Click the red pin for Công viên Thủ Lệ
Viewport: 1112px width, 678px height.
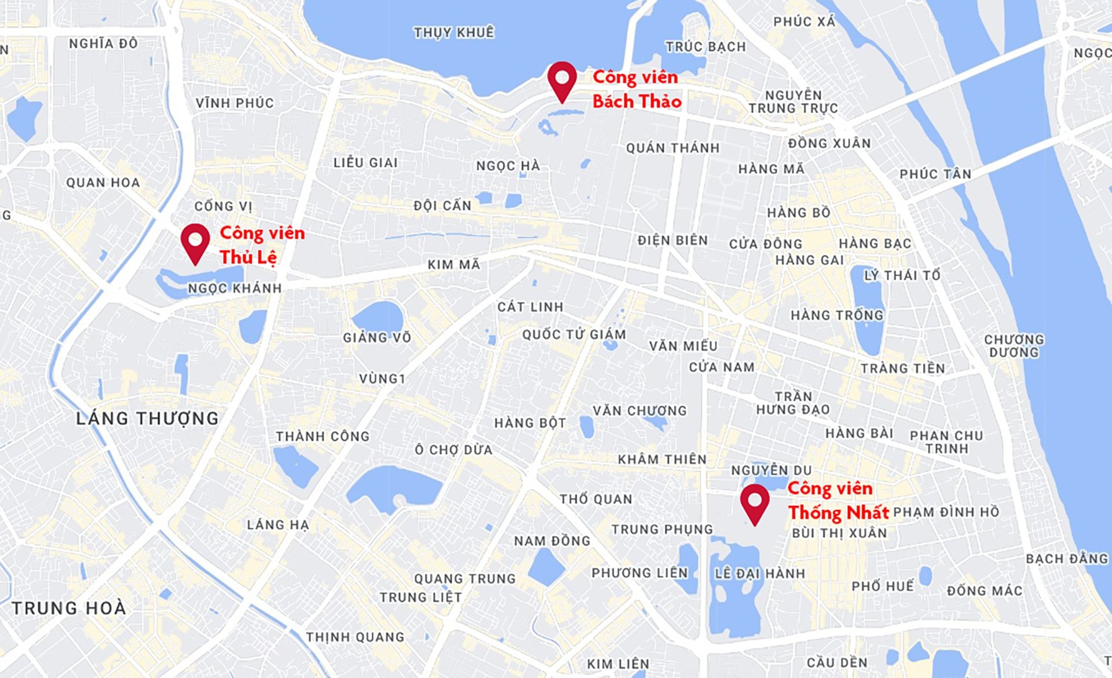pos(195,241)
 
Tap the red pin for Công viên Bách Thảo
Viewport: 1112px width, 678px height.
pos(562,79)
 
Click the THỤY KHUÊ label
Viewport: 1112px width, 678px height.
pos(454,32)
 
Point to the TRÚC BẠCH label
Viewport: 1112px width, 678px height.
pos(705,46)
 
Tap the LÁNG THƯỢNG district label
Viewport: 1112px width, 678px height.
pos(147,418)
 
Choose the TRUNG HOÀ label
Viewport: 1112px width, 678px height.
pos(69,608)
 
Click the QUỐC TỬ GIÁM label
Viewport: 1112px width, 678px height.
pos(574,334)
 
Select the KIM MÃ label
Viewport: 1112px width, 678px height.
pos(454,265)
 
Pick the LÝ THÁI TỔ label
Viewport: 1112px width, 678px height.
pos(902,275)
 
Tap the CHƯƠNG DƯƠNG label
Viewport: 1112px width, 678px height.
pos(1014,346)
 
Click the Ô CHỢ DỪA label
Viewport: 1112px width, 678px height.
pos(453,450)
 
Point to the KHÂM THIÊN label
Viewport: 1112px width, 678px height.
pos(662,460)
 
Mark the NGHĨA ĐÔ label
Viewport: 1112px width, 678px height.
pos(103,43)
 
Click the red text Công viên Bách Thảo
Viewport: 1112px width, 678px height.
pos(637,89)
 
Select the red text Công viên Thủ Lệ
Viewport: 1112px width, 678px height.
pos(262,245)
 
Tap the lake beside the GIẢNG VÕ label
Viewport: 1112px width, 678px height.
pos(378,316)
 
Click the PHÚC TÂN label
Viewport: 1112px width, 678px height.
pos(935,174)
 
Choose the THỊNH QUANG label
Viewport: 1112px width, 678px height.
pos(355,637)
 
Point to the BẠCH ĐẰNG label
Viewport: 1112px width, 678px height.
pos(1067,559)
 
